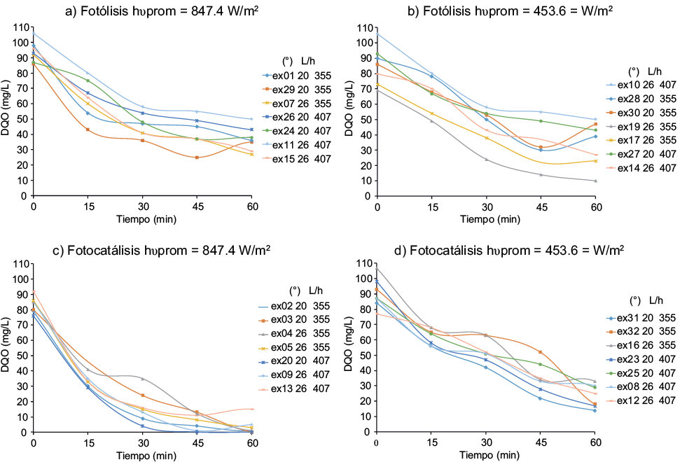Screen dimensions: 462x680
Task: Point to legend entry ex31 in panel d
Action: [639, 317]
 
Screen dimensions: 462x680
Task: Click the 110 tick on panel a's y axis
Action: [20, 27]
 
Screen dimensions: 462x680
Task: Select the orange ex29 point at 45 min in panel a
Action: [197, 157]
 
